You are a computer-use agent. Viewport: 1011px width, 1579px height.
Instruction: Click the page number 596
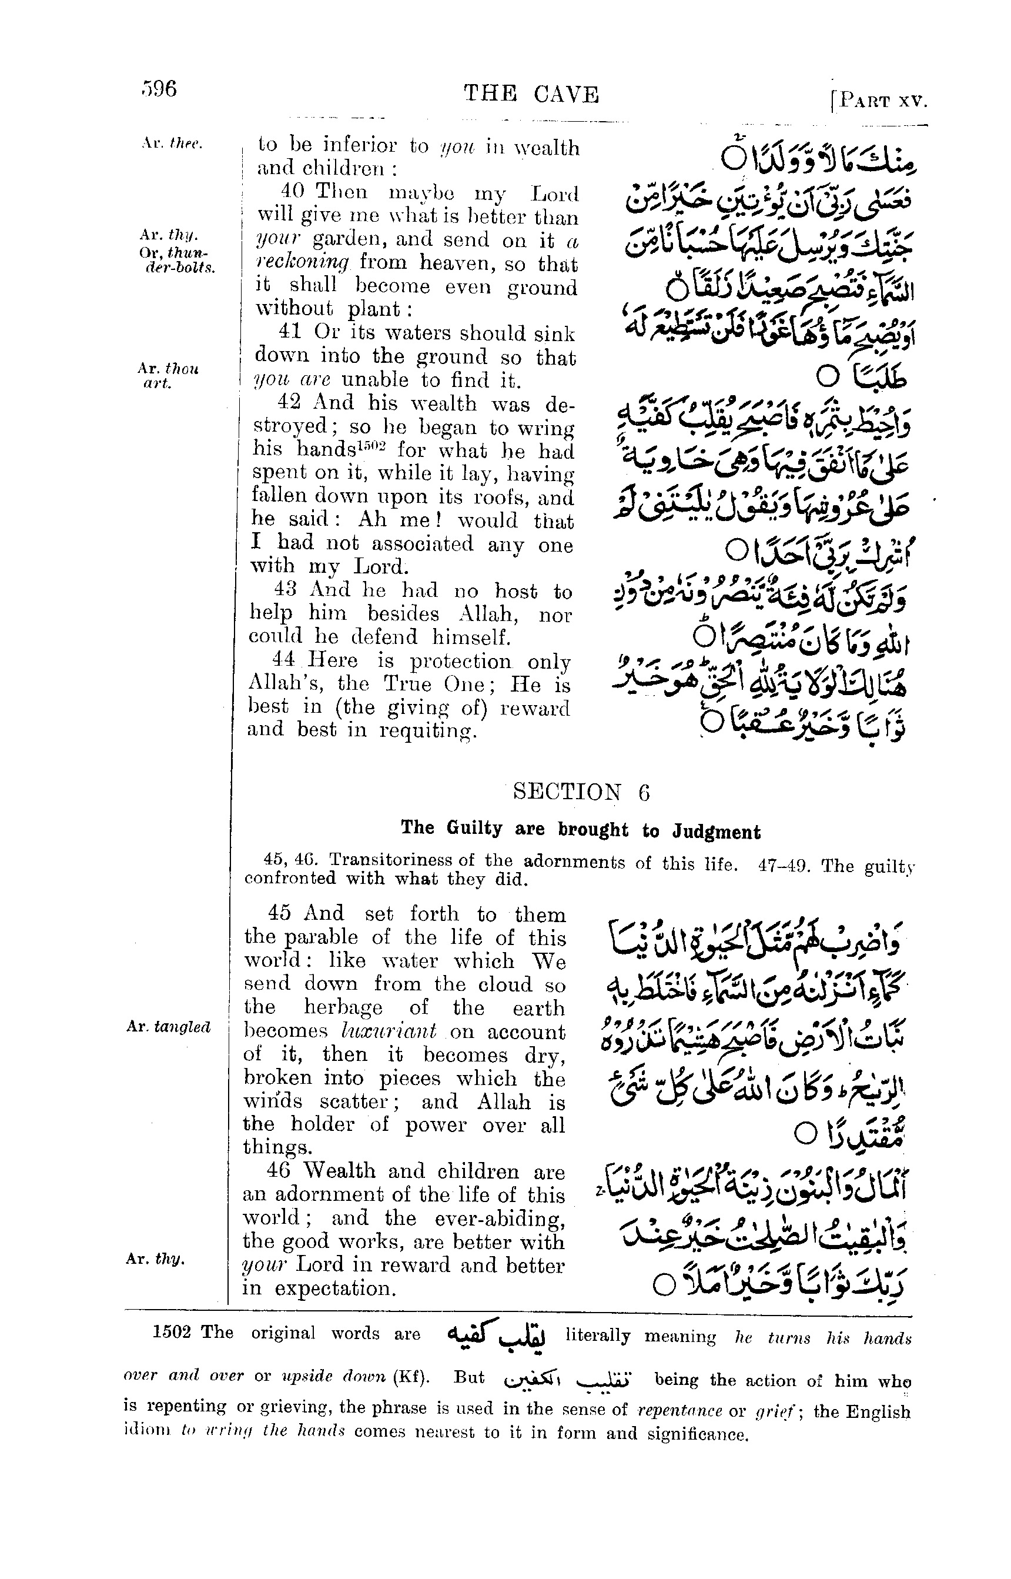coord(159,89)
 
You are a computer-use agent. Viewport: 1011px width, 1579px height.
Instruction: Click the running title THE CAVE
coord(531,95)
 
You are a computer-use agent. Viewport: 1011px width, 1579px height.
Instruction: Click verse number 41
coord(290,332)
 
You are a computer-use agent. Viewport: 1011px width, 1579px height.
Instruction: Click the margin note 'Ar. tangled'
coord(168,1027)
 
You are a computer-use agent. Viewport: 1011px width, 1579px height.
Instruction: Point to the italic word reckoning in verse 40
coord(303,262)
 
